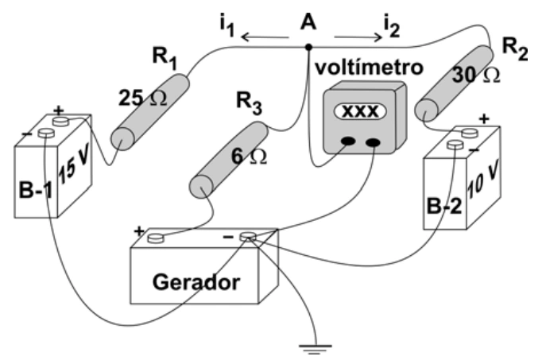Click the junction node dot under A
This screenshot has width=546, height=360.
point(308,47)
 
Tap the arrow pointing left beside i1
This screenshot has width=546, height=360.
point(265,37)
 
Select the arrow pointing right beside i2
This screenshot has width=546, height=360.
point(358,37)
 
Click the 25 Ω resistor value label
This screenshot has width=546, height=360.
point(143,99)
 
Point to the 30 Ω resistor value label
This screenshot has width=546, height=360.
point(476,75)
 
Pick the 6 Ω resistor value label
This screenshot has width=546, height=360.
point(250,157)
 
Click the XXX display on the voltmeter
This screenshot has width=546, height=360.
point(360,111)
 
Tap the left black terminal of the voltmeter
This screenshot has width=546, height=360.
point(348,141)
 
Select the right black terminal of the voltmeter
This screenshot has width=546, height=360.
point(373,142)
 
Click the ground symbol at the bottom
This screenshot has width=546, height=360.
point(316,349)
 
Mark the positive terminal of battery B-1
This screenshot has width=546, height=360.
point(60,122)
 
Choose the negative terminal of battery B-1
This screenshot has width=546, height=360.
point(46,133)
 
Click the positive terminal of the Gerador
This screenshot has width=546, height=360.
point(156,238)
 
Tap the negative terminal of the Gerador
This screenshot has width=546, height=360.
point(248,237)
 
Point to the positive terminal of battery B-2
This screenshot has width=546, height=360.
point(470,133)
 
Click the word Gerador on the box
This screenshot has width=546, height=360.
point(196,282)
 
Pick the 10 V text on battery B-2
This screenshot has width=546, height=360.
point(482,180)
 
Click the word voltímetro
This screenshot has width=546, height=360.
point(369,68)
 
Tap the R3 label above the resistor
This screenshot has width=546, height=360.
point(249,103)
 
